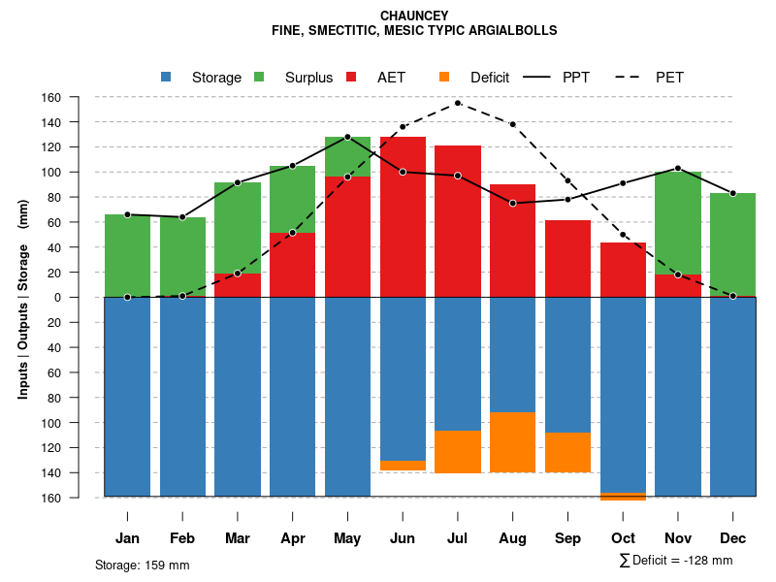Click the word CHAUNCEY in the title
[414, 16]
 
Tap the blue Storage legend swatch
[167, 77]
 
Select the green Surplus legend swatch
[259, 77]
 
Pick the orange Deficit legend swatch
[444, 77]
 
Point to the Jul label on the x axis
[458, 538]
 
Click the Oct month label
[623, 538]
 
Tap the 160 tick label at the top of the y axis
[77, 97]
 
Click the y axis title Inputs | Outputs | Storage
[23, 297]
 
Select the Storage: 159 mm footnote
[143, 565]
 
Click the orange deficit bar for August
[512, 442]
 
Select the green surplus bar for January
[127, 256]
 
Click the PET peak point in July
[458, 103]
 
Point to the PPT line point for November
[678, 168]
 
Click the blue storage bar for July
[458, 363]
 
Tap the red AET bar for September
[567, 258]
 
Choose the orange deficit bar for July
[458, 451]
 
